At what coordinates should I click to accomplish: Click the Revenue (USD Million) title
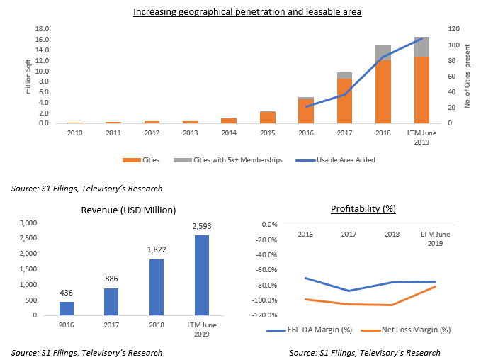click(x=128, y=210)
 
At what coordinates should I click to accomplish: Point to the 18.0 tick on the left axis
click(x=42, y=29)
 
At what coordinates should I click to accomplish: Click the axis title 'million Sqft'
click(x=29, y=76)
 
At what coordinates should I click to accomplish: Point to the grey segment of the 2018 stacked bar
click(x=383, y=53)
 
